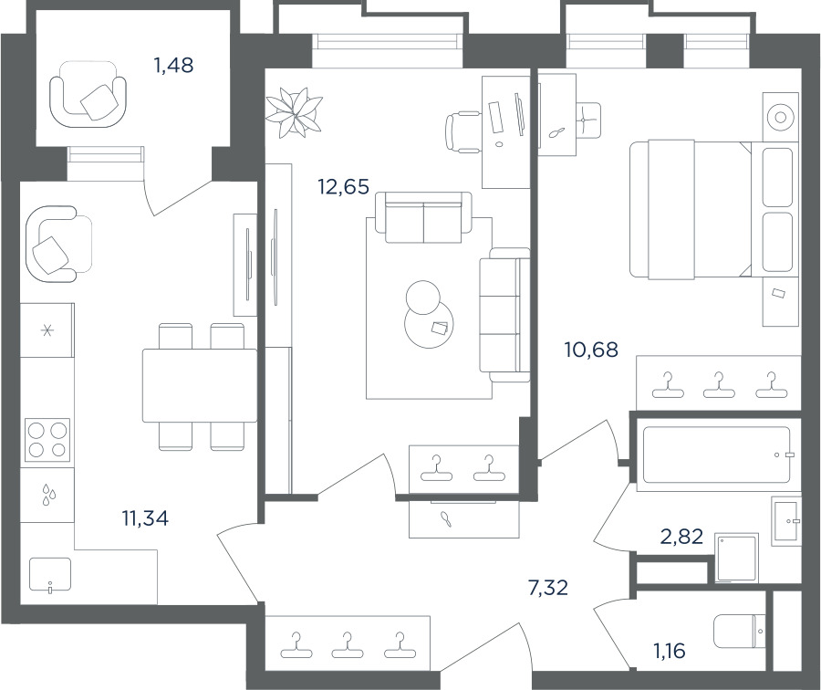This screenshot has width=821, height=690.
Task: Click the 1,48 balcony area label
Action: click(x=173, y=66)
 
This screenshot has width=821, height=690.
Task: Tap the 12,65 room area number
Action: click(x=344, y=186)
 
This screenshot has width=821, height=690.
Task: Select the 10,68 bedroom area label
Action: click(x=592, y=350)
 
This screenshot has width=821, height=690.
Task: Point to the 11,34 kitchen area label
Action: click(x=146, y=518)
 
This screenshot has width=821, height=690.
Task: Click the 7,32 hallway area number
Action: click(x=548, y=588)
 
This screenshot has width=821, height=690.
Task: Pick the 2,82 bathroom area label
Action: click(x=681, y=537)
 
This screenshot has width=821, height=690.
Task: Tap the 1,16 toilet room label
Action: click(x=670, y=651)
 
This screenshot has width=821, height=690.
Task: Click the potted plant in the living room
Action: click(x=293, y=112)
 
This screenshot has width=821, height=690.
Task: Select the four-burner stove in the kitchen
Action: click(x=47, y=440)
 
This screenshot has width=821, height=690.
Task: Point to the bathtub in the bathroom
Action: click(x=716, y=455)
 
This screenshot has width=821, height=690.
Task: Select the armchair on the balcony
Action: click(x=88, y=94)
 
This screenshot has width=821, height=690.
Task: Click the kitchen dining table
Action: click(x=200, y=385)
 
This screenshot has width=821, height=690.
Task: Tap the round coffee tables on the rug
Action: click(x=428, y=314)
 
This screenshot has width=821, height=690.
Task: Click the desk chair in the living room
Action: click(x=463, y=132)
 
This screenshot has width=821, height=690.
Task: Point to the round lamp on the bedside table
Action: click(x=781, y=118)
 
